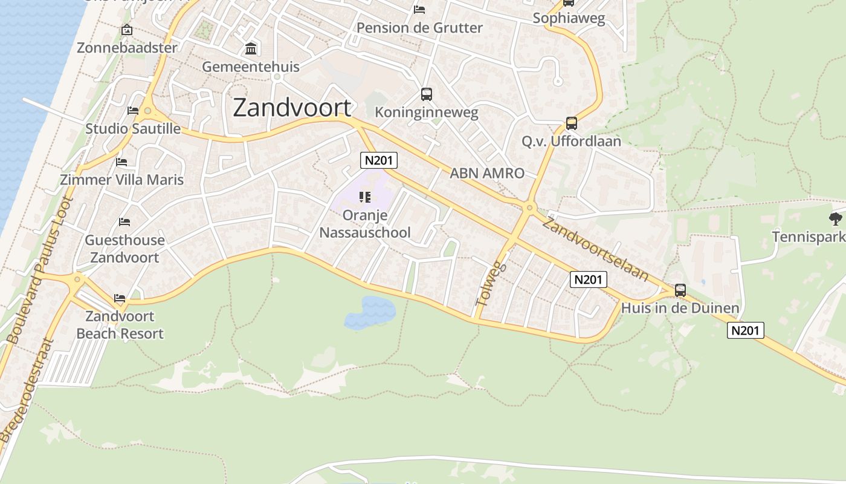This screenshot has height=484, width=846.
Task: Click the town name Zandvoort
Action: [292, 108]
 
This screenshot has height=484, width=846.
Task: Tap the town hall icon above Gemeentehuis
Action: [251, 48]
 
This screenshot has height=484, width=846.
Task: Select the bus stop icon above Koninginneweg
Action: [427, 94]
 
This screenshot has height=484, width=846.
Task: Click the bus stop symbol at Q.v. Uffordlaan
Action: [571, 123]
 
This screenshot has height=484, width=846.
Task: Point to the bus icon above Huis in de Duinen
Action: [680, 290]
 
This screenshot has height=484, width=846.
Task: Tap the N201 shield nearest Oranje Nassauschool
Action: [378, 160]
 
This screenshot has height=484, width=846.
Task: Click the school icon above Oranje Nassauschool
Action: [364, 197]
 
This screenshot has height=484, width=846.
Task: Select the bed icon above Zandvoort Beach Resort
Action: [120, 298]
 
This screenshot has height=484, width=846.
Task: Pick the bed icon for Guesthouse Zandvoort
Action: [124, 222]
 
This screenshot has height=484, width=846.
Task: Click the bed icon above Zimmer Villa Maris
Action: [121, 162]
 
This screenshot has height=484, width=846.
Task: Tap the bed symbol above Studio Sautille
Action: [133, 111]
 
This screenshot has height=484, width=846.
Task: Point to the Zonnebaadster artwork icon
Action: [127, 30]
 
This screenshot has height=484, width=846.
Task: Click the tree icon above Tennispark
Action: [836, 218]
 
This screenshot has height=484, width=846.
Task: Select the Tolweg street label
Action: [489, 283]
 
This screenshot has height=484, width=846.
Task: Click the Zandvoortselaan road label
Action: [595, 249]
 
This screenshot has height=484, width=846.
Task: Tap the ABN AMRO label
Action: [487, 173]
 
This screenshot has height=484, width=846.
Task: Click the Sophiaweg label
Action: [569, 19]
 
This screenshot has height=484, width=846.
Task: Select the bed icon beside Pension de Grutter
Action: [419, 9]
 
